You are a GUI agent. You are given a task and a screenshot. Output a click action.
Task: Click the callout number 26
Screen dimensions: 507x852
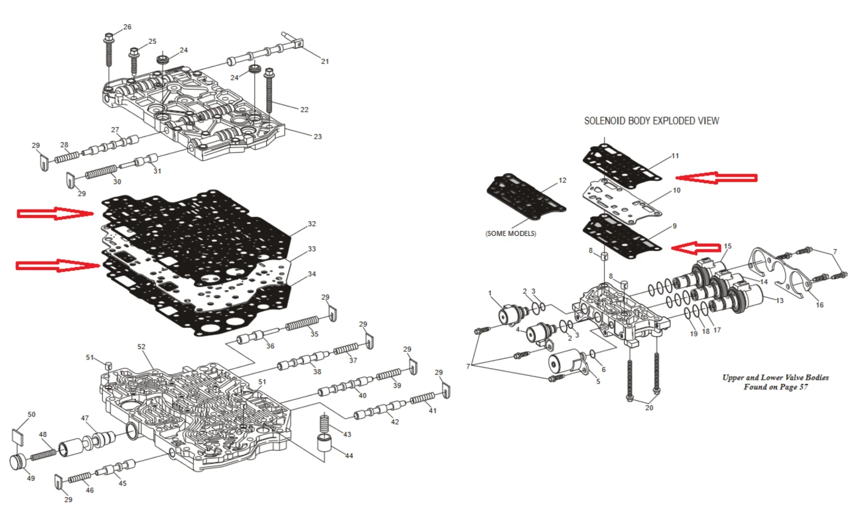tap(127, 27)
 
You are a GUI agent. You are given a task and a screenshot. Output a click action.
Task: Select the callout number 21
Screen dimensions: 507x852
tap(325, 61)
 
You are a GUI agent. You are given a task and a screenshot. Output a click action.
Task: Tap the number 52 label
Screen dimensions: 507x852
tap(141, 347)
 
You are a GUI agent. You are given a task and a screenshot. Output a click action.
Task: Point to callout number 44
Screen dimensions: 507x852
tap(349, 455)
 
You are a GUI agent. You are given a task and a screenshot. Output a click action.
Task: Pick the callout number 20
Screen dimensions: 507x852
tap(649, 408)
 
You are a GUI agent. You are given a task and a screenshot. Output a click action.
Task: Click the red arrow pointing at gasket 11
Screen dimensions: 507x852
tap(716, 177)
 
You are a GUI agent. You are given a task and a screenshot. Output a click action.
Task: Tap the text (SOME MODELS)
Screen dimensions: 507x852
tap(511, 234)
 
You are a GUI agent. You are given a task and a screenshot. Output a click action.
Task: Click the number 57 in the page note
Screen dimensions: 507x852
tap(802, 388)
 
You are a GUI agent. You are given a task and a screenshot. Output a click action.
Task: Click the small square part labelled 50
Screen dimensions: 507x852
tap(19, 435)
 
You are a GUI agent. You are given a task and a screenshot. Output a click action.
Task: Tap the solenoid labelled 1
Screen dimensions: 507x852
tap(507, 314)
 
